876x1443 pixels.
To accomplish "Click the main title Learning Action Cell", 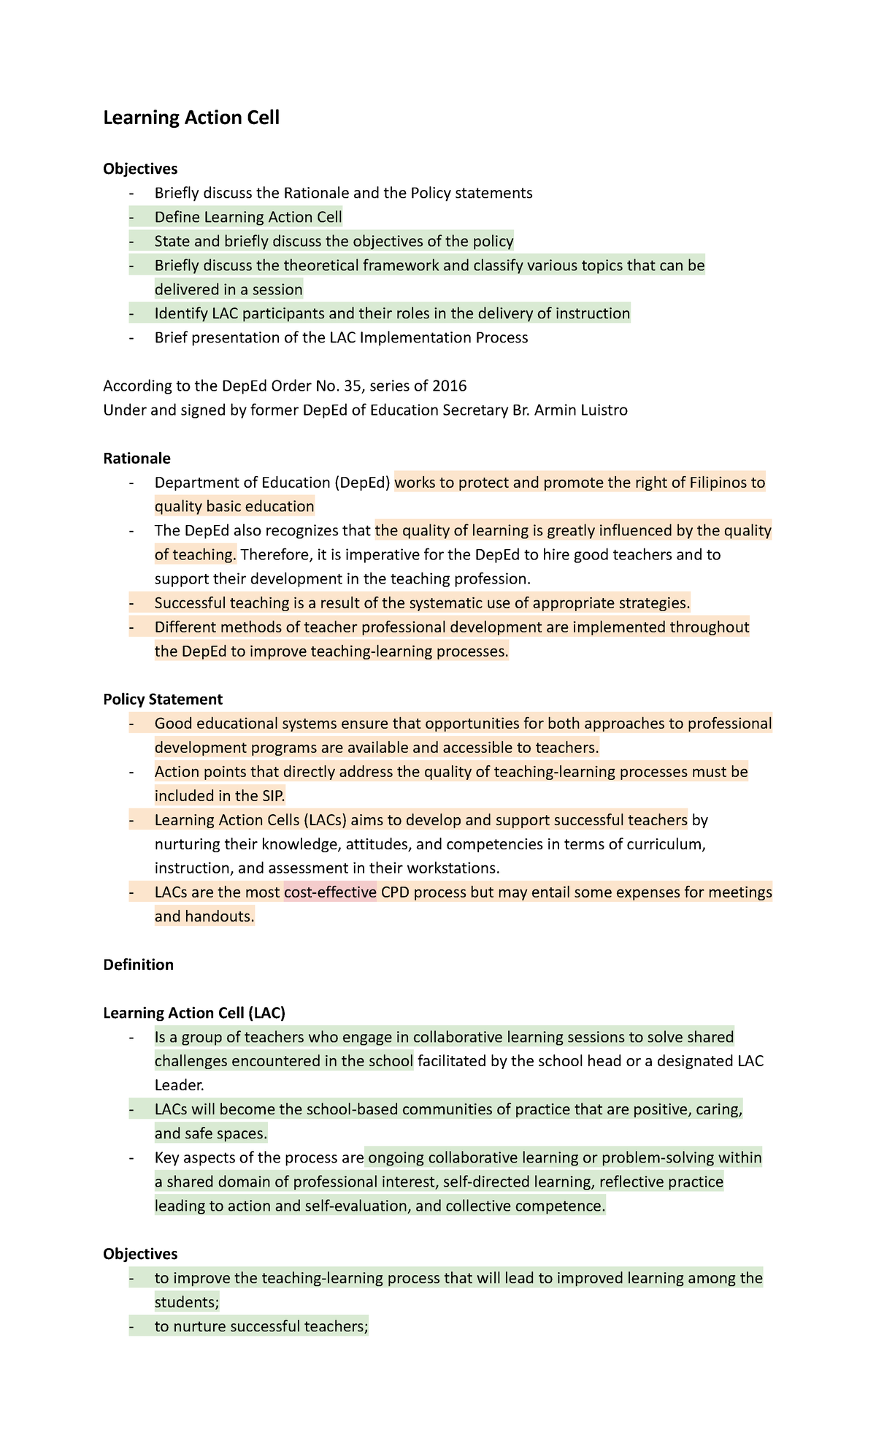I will pyautogui.click(x=191, y=118).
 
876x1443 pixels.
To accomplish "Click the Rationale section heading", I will pyautogui.click(x=137, y=458).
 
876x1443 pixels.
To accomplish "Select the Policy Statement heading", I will pyautogui.click(x=163, y=699).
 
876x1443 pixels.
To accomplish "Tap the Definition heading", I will pyautogui.click(x=138, y=965).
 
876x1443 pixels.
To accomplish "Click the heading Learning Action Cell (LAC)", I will pyautogui.click(x=194, y=1013).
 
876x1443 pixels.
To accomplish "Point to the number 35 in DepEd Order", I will pyautogui.click(x=353, y=386).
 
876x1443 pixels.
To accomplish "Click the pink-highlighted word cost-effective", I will pyautogui.click(x=330, y=892).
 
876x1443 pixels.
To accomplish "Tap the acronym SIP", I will pyautogui.click(x=271, y=795).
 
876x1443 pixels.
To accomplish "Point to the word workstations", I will pyautogui.click(x=453, y=868).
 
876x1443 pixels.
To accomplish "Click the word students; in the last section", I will pyautogui.click(x=187, y=1302).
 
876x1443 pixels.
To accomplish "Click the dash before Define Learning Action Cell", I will pyautogui.click(x=131, y=217).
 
